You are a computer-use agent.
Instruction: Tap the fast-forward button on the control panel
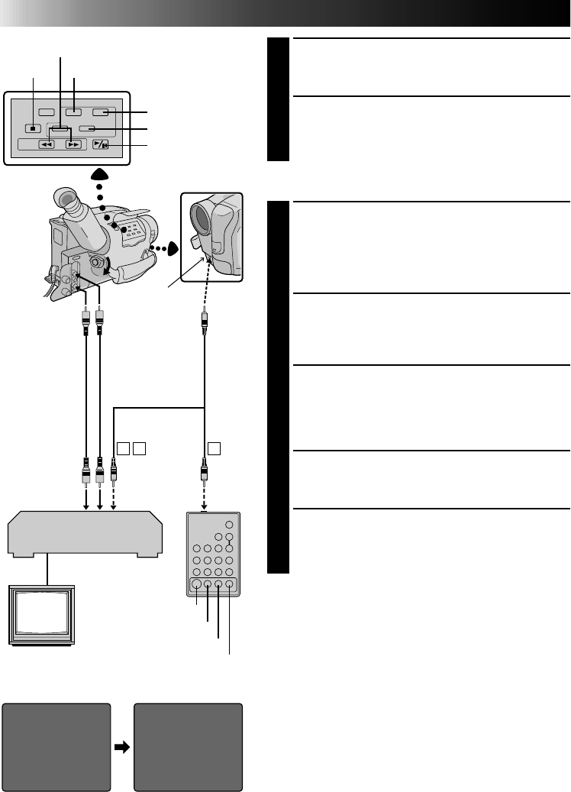point(73,144)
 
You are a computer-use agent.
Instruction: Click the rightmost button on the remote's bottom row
point(230,586)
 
